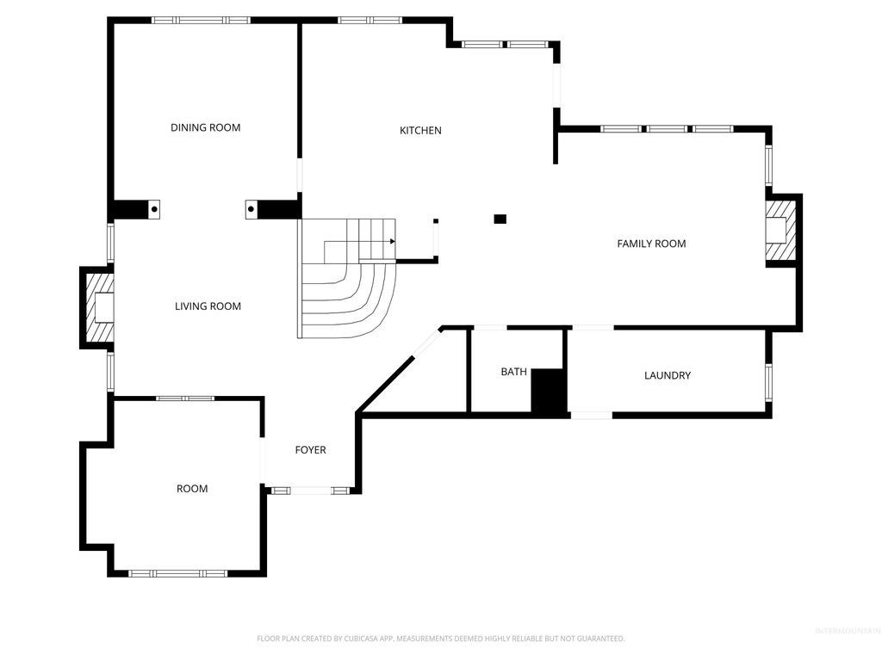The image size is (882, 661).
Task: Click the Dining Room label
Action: tap(205, 127)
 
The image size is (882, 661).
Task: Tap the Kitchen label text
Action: tap(420, 131)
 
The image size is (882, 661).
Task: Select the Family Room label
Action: tap(651, 244)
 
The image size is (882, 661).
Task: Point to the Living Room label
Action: tap(208, 306)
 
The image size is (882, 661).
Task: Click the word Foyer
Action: tap(310, 450)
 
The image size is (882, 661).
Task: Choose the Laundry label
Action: tap(668, 375)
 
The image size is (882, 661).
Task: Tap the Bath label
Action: tap(513, 372)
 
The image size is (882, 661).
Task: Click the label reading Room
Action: tap(192, 489)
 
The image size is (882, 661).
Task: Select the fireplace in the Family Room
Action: tap(782, 230)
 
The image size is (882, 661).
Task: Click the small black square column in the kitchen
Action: tap(500, 219)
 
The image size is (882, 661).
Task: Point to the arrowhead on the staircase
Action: tap(392, 241)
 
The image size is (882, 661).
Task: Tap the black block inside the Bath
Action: tap(549, 392)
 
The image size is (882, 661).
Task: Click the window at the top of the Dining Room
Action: tap(201, 20)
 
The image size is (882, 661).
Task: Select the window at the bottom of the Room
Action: tap(177, 572)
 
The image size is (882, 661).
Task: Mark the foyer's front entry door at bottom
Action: tap(310, 491)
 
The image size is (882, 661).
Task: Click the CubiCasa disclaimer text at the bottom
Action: tap(440, 639)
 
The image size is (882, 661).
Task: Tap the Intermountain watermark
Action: tap(847, 631)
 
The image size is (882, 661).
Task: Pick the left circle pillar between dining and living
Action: tap(155, 207)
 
